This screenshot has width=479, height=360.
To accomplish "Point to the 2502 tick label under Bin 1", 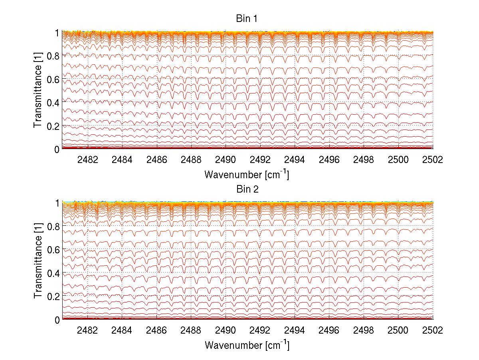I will (x=433, y=160).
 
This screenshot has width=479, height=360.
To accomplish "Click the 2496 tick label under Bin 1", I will (x=329, y=160).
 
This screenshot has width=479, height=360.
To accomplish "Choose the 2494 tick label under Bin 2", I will (x=295, y=330).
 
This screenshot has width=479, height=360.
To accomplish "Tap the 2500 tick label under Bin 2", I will (x=398, y=330).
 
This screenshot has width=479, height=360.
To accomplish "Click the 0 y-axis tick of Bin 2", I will (x=57, y=320).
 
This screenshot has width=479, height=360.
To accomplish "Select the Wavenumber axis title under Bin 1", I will (x=246, y=175).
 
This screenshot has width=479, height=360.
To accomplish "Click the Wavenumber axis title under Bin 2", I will (x=246, y=345).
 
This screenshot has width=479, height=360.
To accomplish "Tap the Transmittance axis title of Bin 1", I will (x=38, y=91).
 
